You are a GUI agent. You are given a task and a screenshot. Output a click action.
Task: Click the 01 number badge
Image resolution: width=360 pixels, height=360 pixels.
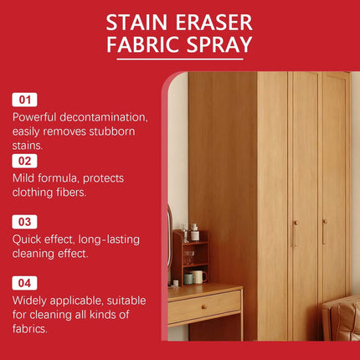pos(24,100)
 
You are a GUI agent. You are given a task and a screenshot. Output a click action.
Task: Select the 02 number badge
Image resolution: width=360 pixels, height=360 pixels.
pos(24,161)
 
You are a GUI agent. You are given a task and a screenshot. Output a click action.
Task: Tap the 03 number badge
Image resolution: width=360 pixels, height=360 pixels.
pos(24,222)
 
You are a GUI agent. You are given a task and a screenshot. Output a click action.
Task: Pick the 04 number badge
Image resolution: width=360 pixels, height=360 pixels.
pos(24,283)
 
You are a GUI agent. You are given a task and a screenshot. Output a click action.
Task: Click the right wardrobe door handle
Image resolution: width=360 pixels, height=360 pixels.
pos(324,232)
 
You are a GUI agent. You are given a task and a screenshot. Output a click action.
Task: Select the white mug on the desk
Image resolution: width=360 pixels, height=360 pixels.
pos(198,276)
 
